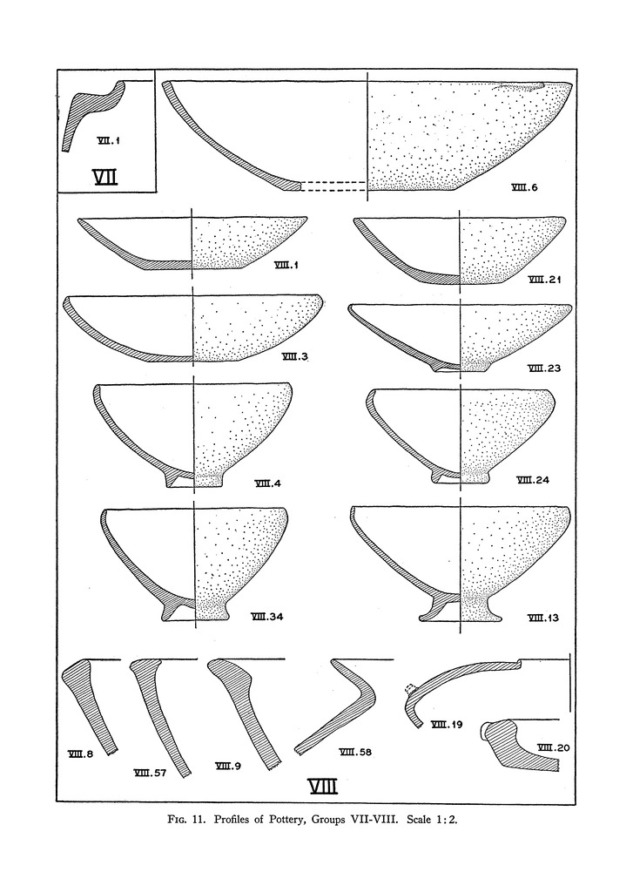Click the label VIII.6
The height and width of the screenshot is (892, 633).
(x=524, y=188)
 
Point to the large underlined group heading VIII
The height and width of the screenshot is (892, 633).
(x=323, y=786)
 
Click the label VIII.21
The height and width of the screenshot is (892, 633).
(x=545, y=279)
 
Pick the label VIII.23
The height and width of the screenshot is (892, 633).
(x=543, y=368)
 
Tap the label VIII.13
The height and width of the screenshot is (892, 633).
(x=543, y=618)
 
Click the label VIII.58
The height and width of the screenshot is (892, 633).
(x=355, y=752)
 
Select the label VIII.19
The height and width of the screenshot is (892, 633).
(x=447, y=725)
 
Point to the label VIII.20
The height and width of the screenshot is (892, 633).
(x=553, y=748)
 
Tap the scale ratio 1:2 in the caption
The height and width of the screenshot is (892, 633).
(x=447, y=821)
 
